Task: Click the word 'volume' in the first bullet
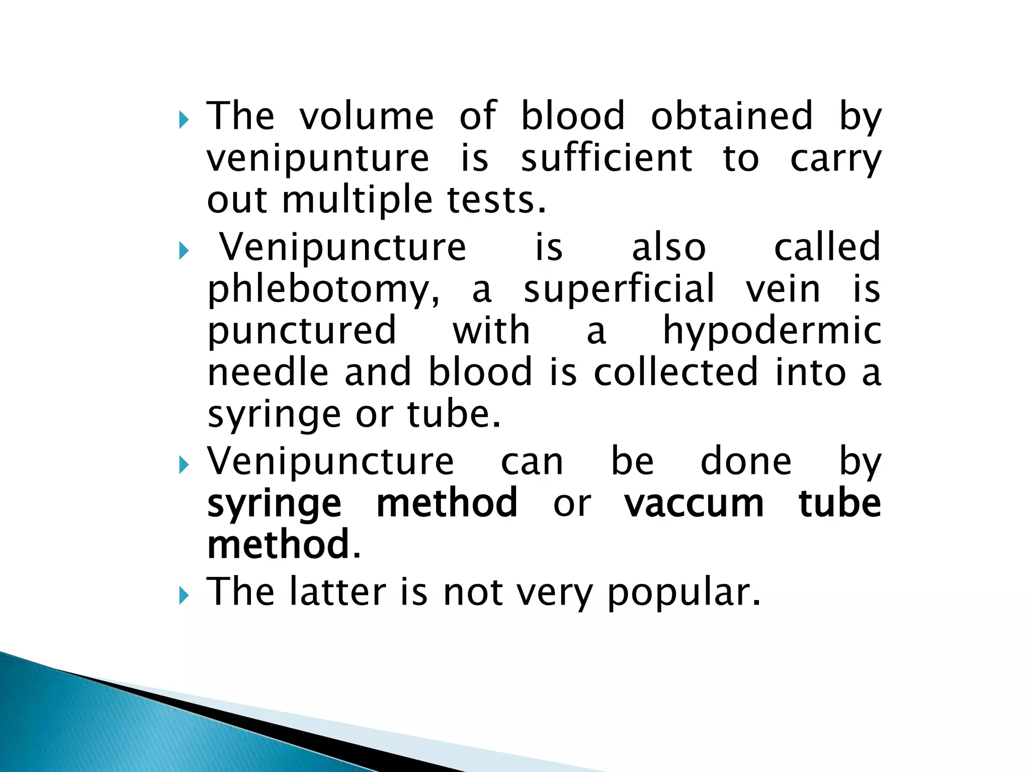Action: click(x=366, y=116)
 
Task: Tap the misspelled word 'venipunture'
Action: click(x=318, y=159)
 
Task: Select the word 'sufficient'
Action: click(x=607, y=158)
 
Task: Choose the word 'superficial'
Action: click(x=619, y=289)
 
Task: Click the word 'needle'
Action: click(x=268, y=372)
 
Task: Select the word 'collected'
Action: click(x=675, y=372)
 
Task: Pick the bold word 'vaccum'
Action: click(x=694, y=503)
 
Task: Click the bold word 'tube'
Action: click(x=839, y=503)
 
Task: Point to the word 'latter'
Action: click(x=338, y=592)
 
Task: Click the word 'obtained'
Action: click(x=731, y=116)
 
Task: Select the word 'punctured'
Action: click(x=302, y=332)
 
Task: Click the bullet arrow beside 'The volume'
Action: click(x=183, y=120)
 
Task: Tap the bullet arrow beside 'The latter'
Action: click(x=183, y=597)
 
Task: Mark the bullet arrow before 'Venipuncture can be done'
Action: click(x=183, y=466)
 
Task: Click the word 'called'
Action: click(x=827, y=247)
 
